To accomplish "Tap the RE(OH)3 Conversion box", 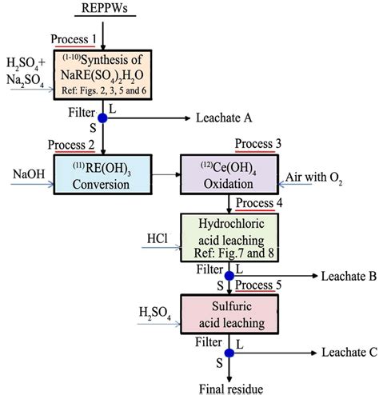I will (x=103, y=173).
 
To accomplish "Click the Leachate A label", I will (x=224, y=118).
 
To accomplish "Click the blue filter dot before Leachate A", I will (x=102, y=118).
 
